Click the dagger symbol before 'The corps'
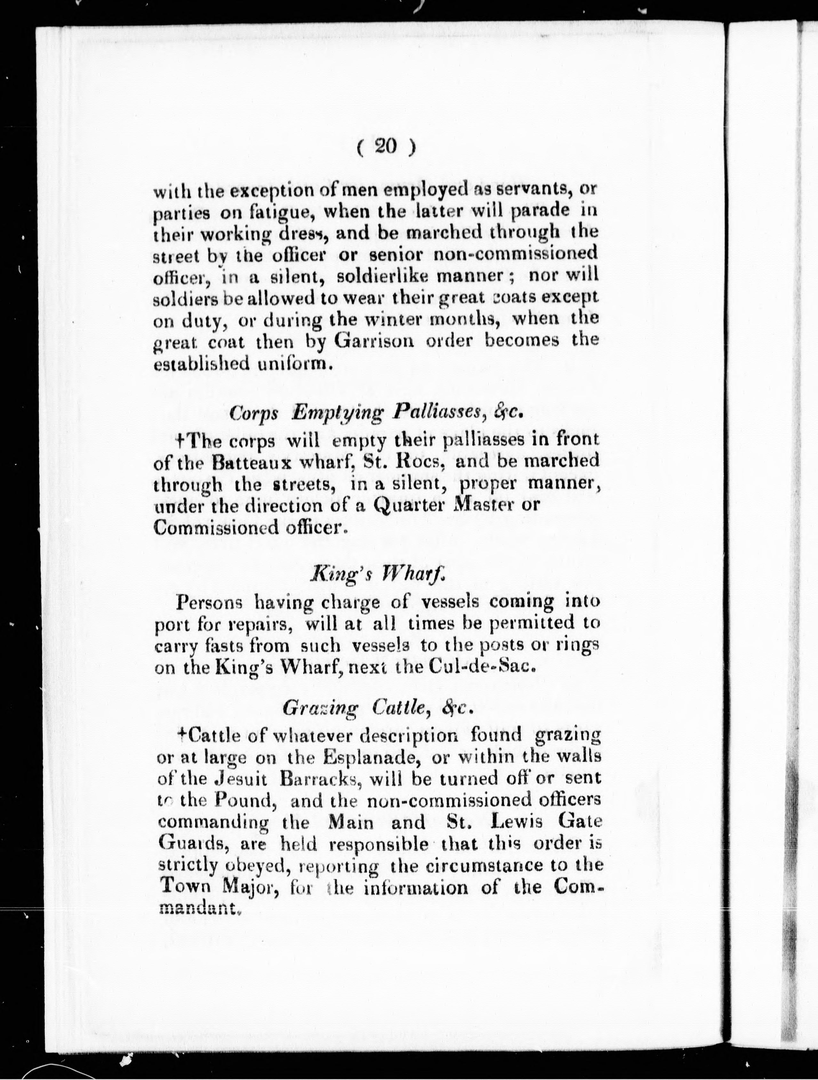179,441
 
